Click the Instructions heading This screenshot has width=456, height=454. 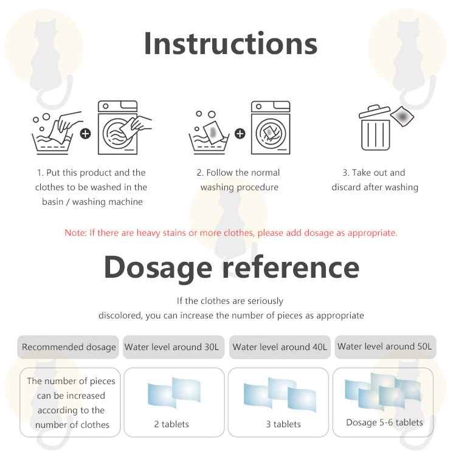[x=230, y=44]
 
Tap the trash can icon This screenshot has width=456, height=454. [x=375, y=128]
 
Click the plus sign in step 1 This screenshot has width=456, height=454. [x=86, y=134]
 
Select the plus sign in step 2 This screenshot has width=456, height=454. [x=240, y=134]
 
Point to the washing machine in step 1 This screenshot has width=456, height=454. [x=118, y=127]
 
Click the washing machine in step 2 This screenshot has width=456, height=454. [x=271, y=127]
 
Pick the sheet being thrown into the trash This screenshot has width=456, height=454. [x=402, y=116]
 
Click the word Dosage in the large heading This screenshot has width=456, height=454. [x=158, y=267]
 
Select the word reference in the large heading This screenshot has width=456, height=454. [x=291, y=267]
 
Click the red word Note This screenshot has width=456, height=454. [x=75, y=233]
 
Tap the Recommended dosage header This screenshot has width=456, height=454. [x=68, y=347]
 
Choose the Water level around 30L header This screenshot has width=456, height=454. [x=174, y=347]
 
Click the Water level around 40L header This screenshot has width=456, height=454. [x=280, y=347]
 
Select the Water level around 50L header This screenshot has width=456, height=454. [x=385, y=347]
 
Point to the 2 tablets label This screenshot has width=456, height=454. [x=171, y=424]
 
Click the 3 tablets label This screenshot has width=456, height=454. [x=283, y=424]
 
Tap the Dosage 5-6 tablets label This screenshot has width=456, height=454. [x=384, y=422]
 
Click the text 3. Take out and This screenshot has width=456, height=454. [x=374, y=173]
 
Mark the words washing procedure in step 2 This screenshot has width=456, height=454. [x=240, y=187]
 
